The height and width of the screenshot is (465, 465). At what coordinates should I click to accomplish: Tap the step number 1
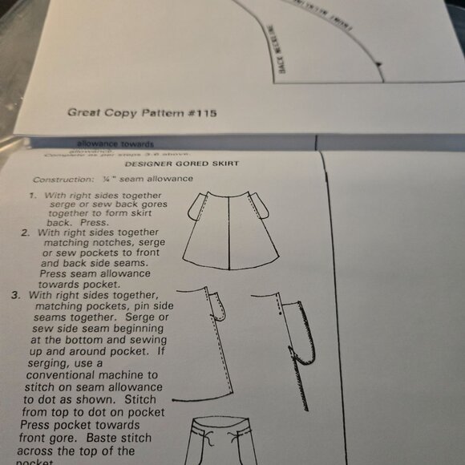[x=34, y=195]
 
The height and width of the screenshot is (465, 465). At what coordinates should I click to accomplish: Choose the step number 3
[x=16, y=294]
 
